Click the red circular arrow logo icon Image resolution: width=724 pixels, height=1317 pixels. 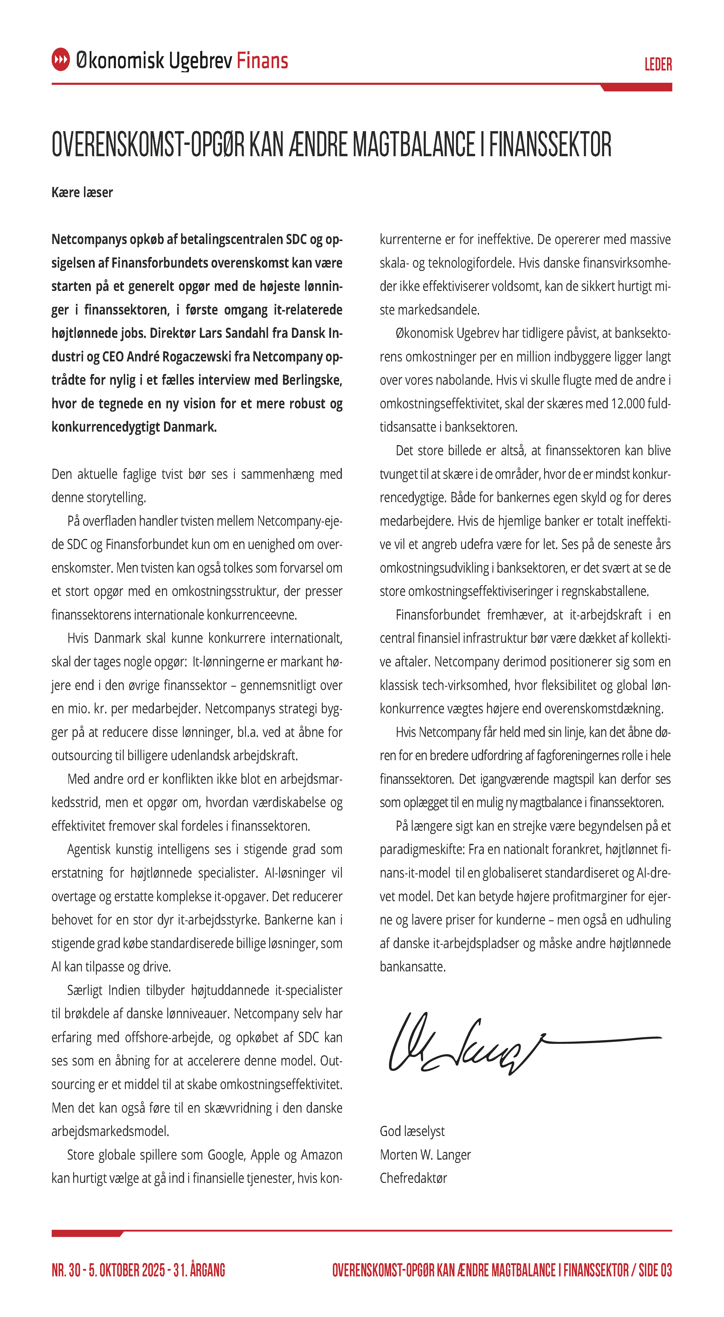pyautogui.click(x=60, y=60)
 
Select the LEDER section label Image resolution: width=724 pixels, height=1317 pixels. pyautogui.click(x=658, y=65)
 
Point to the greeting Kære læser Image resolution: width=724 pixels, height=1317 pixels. pyautogui.click(x=82, y=192)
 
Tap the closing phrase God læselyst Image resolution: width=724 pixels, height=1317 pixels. pyautogui.click(x=412, y=1131)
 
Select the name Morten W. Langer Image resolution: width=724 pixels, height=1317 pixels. pyautogui.click(x=425, y=1155)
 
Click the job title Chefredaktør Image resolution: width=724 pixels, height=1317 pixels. pyautogui.click(x=413, y=1178)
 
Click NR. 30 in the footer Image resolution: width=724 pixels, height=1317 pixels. pyautogui.click(x=66, y=1270)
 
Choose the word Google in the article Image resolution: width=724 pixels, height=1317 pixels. pyautogui.click(x=226, y=1155)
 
